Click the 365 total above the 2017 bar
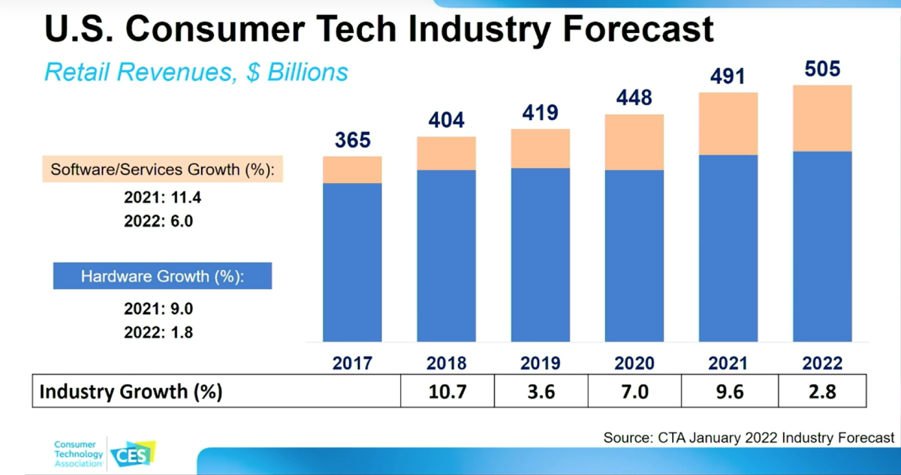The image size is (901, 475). point(353,140)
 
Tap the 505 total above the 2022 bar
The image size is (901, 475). point(822,69)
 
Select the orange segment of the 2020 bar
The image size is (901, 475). point(634,142)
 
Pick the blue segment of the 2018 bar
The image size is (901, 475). point(447,255)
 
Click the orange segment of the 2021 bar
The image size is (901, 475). point(728,124)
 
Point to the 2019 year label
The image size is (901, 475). point(540,364)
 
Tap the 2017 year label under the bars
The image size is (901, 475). point(353,364)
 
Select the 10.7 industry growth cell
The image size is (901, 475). point(447,392)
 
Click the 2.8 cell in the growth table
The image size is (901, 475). point(822,392)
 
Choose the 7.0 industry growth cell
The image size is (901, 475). point(634,392)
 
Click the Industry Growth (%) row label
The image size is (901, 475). point(131,392)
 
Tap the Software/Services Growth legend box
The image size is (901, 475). point(162,170)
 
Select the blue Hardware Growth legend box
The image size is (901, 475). point(162,276)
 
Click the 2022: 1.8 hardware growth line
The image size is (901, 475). point(158,332)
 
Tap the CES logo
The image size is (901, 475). point(132,455)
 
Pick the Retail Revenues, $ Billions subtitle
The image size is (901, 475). point(196,71)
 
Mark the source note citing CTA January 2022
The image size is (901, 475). point(749,437)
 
